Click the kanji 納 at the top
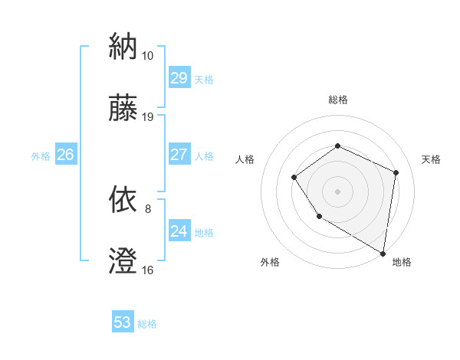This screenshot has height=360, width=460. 123,47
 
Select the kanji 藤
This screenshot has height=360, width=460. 123,108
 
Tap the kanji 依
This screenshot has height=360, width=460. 123,200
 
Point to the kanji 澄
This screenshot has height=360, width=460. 123,260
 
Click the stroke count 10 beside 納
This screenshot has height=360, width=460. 147,56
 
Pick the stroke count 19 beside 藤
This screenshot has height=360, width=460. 147,117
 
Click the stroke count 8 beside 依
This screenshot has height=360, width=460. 148,208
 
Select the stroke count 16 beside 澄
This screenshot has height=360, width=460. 147,270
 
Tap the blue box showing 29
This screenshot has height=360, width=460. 179,78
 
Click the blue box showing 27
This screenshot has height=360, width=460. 179,155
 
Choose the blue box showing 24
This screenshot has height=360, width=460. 179,231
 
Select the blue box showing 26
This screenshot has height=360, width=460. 65,155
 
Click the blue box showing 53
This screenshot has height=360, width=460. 123,322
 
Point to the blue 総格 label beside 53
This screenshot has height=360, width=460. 147,324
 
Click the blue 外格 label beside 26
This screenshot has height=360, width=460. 41,156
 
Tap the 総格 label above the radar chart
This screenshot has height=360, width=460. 337,100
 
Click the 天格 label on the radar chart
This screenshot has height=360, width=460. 431,159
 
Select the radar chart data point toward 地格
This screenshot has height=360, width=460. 383,253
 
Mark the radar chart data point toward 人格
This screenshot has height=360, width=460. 294,178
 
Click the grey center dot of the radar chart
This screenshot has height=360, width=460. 337,191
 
